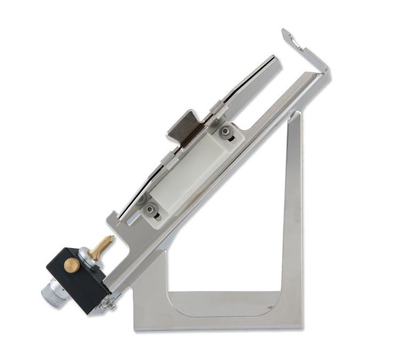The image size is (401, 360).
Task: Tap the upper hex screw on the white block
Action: pyautogui.click(x=226, y=131)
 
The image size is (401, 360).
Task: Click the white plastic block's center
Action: pyautogui.click(x=188, y=170)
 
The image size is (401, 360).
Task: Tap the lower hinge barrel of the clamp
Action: pyautogui.click(x=166, y=157)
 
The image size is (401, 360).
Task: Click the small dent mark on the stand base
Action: pyautogui.click(x=271, y=307)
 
